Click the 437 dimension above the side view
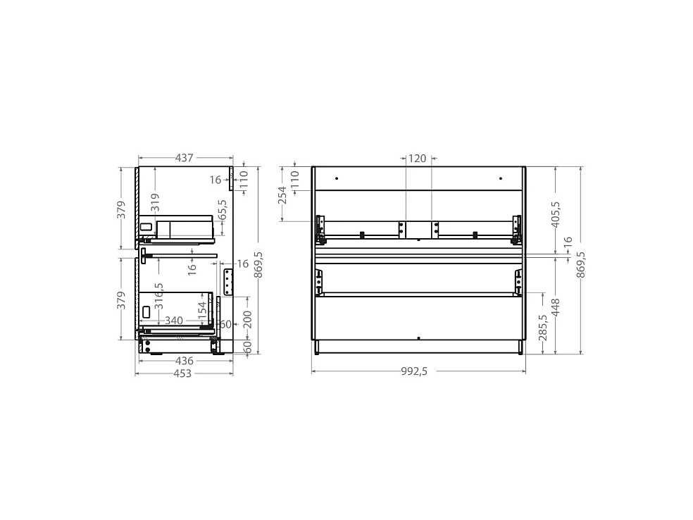(x=185, y=158)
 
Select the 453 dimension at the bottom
(x=182, y=373)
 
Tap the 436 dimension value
(x=185, y=361)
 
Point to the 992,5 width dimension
(x=414, y=371)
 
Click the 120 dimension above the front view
(x=417, y=159)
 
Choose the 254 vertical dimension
(x=282, y=195)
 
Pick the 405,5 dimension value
(x=556, y=214)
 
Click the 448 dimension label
(x=556, y=307)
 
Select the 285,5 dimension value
(x=543, y=328)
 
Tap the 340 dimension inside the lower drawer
(x=174, y=321)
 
